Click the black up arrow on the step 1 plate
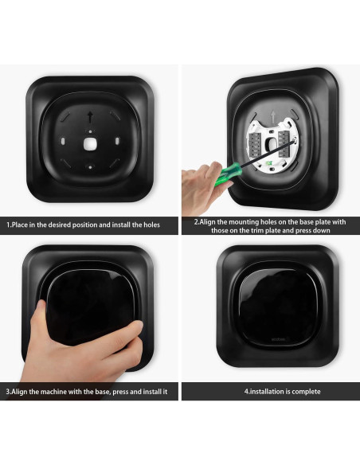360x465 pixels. click(90, 117)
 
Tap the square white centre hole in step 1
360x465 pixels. click(90, 144)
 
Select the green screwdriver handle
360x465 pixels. click(228, 174)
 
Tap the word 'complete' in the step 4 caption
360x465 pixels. click(307, 392)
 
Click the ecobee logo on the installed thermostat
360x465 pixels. click(278, 339)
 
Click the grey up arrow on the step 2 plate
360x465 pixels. click(273, 116)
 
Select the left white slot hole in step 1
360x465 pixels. click(63, 141)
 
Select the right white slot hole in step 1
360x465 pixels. click(117, 141)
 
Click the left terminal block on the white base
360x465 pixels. click(256, 144)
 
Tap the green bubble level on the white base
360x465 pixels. click(269, 163)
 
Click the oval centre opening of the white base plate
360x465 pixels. click(272, 144)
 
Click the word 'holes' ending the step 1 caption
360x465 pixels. click(152, 225)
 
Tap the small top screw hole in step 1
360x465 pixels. click(90, 131)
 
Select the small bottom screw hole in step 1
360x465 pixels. click(90, 167)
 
